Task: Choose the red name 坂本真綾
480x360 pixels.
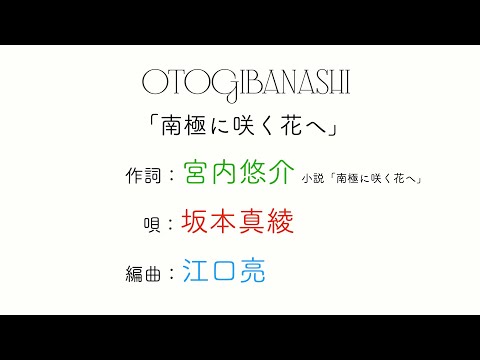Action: pos(237,222)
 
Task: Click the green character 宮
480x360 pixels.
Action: pos(196,174)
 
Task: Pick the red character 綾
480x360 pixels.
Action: pos(279,222)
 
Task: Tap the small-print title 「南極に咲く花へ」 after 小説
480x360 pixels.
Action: pos(375,179)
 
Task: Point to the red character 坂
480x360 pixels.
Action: pos(196,222)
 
